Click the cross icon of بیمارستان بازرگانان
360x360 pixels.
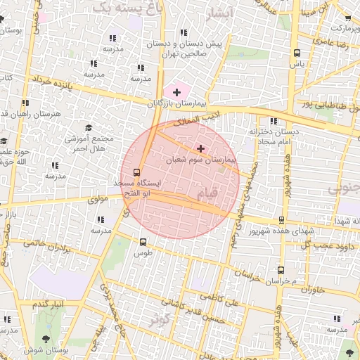pyautogui.click(x=176, y=92)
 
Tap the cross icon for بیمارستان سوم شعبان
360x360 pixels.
pyautogui.click(x=202, y=148)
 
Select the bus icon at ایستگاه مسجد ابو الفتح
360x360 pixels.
pyautogui.click(x=136, y=171)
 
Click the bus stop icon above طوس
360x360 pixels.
pyautogui.click(x=144, y=241)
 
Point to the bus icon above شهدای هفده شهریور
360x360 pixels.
pyautogui.click(x=281, y=221)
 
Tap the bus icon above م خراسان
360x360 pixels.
pyautogui.click(x=281, y=270)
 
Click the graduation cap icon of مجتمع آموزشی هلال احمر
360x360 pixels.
pyautogui.click(x=89, y=127)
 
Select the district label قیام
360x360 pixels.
pyautogui.click(x=209, y=191)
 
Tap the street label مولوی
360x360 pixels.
pyautogui.click(x=101, y=199)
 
